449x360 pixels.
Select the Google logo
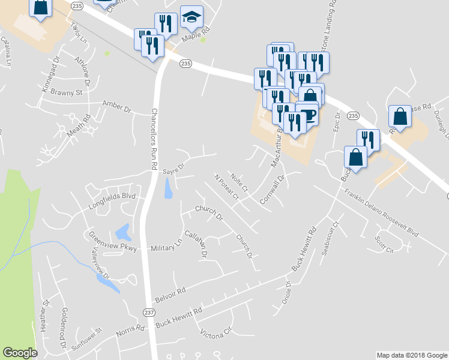20,353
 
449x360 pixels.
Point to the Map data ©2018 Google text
412,355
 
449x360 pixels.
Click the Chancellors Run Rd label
154,139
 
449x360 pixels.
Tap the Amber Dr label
117,107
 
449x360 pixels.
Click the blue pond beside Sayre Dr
168,190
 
